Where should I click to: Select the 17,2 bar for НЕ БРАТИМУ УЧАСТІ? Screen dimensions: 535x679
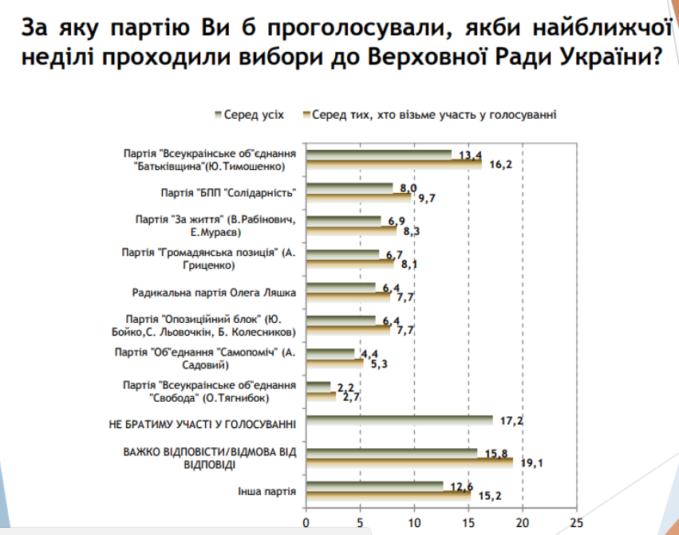[399, 419]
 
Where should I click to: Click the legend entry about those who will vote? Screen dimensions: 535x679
[434, 114]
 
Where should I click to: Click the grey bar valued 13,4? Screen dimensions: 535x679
[378, 154]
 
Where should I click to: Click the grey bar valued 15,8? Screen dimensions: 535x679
[391, 452]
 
